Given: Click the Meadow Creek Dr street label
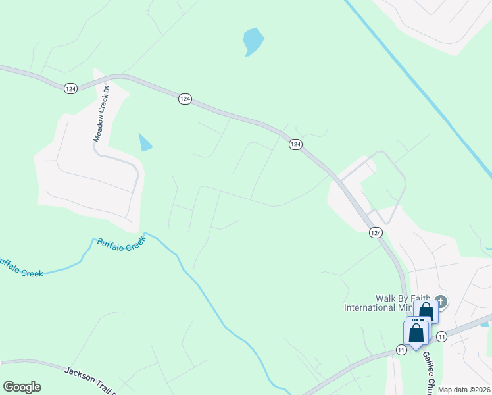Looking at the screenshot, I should (100, 113).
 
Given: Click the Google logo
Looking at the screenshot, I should (22, 387).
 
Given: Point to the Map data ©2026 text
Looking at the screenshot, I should (464, 390).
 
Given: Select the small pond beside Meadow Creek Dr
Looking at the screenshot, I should (145, 142).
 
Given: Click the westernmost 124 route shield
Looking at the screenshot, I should (70, 88).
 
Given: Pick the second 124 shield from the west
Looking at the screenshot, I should (185, 99).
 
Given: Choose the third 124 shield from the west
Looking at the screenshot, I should (295, 144).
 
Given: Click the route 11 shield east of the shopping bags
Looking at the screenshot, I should (441, 336).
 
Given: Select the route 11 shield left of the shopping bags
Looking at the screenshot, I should (401, 349).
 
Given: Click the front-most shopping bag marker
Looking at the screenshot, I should (416, 334).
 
